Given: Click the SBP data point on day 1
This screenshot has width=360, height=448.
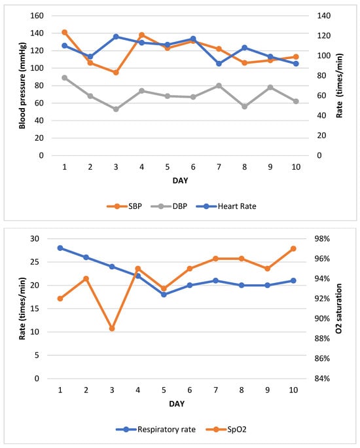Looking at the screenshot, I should point(64,32).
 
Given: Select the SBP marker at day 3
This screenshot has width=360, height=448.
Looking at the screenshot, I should point(116,72).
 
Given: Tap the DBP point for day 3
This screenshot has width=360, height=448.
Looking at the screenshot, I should point(116,109).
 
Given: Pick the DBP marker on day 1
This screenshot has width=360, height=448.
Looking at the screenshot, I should point(64,77).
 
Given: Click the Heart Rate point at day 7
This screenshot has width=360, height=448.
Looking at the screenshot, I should point(218,64).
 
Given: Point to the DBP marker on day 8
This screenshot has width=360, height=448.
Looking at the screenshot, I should point(244,106).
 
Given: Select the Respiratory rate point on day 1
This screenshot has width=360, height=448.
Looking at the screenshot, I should point(60,248).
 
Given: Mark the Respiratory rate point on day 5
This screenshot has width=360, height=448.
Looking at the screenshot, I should point(164,294).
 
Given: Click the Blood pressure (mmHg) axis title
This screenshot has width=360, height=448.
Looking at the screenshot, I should point(22,85).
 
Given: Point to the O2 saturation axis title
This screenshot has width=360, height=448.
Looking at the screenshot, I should point(339,308).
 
